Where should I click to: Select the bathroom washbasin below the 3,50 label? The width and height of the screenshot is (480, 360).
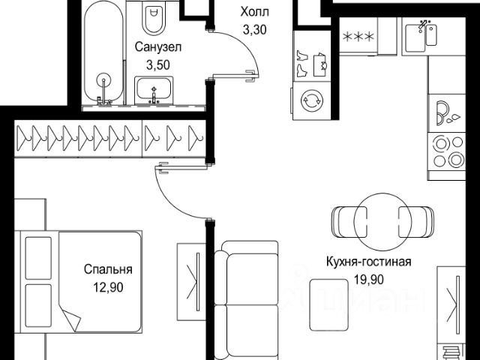click(154, 90)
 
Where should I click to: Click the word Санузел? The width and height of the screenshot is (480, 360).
click(158, 47)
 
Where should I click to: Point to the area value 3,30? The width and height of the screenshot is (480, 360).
click(254, 30)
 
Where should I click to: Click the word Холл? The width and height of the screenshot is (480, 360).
click(254, 12)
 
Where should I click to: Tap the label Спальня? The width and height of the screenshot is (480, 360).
click(108, 269)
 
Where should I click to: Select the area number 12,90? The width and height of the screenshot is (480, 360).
click(108, 287)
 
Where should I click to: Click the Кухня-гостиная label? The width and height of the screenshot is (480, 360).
click(369, 262)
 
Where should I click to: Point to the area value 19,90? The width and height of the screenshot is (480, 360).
click(369, 280)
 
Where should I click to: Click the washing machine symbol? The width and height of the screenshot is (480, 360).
click(312, 100)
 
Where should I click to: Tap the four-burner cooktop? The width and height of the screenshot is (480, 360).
click(447, 151)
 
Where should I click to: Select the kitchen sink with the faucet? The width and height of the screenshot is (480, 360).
click(421, 37)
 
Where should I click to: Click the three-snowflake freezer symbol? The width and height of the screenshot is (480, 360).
click(358, 37)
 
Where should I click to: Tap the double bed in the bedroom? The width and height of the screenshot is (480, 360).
click(79, 282)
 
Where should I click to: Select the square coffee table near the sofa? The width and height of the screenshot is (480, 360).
click(329, 305)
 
